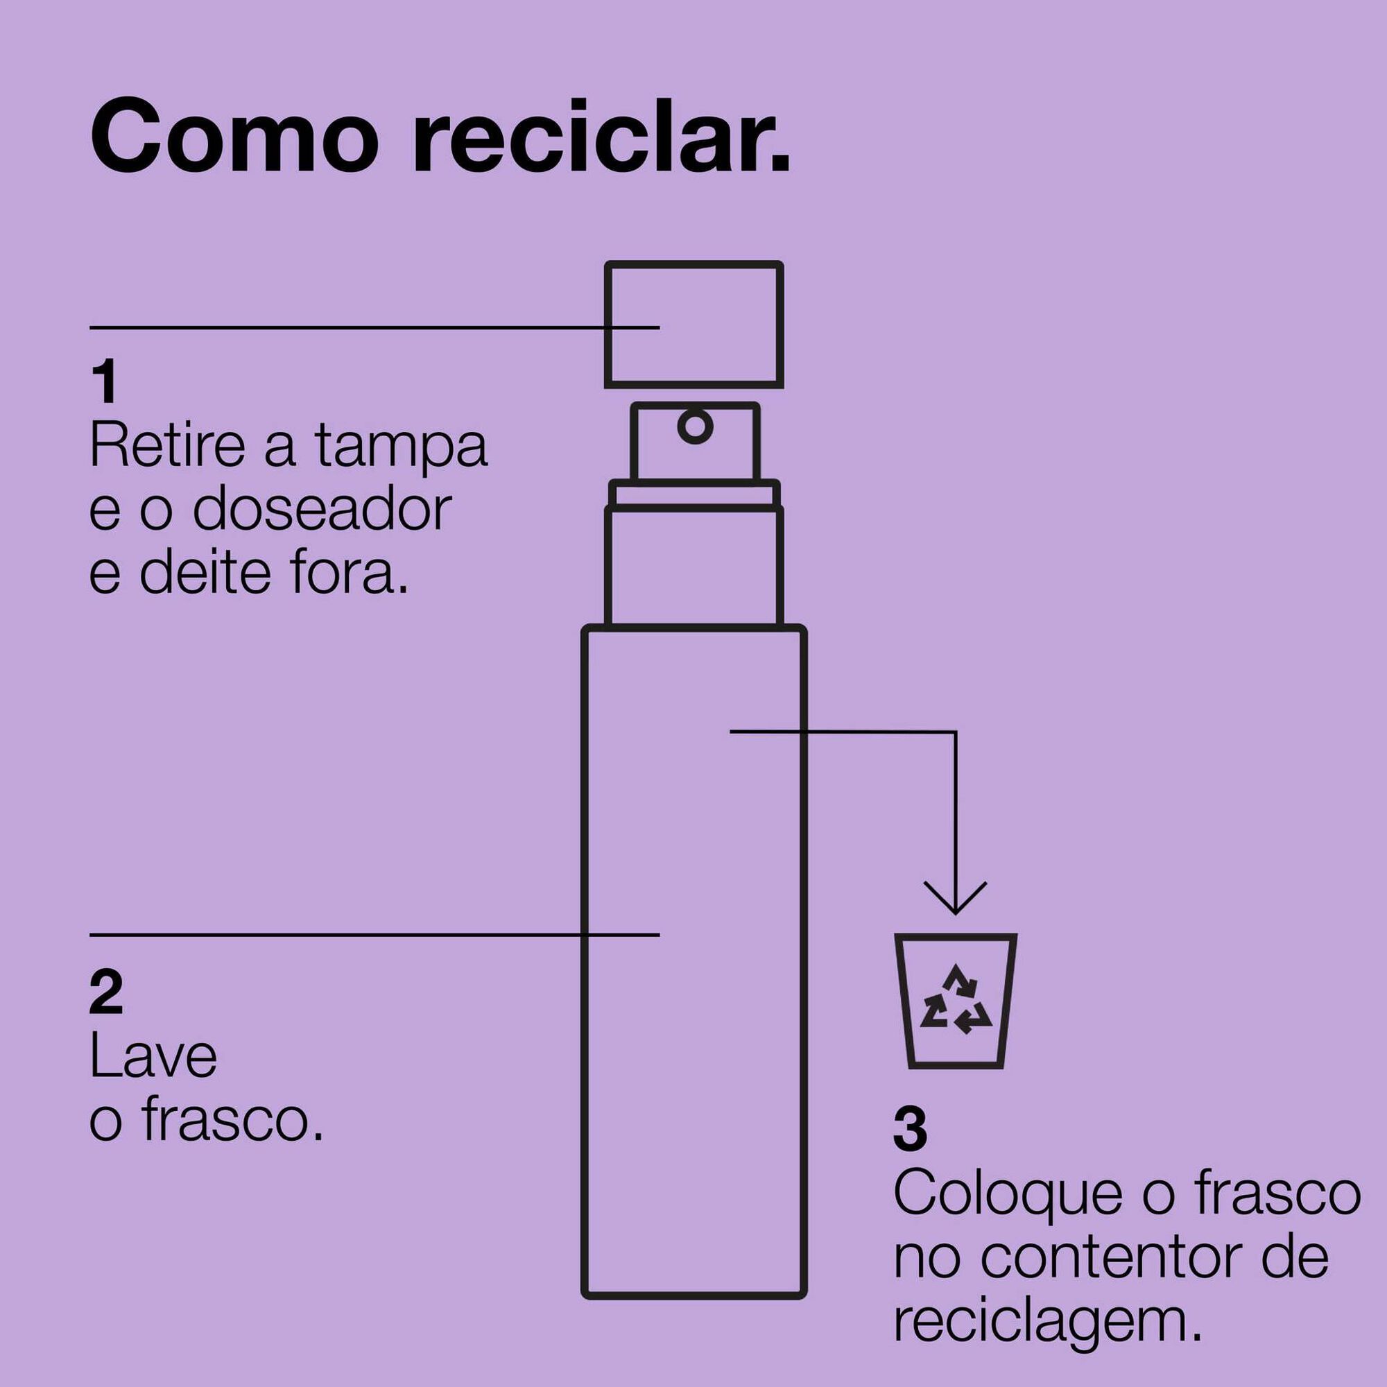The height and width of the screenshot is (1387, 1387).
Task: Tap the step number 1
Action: (x=105, y=383)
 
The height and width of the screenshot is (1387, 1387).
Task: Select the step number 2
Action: (x=106, y=993)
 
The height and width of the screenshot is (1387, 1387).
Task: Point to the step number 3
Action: (x=910, y=1129)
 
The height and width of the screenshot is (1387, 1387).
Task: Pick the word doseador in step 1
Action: (x=322, y=510)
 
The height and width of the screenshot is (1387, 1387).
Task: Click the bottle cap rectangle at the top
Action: (x=693, y=325)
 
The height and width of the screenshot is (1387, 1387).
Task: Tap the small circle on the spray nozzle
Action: (x=695, y=427)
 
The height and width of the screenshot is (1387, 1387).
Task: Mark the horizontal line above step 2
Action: (x=373, y=935)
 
